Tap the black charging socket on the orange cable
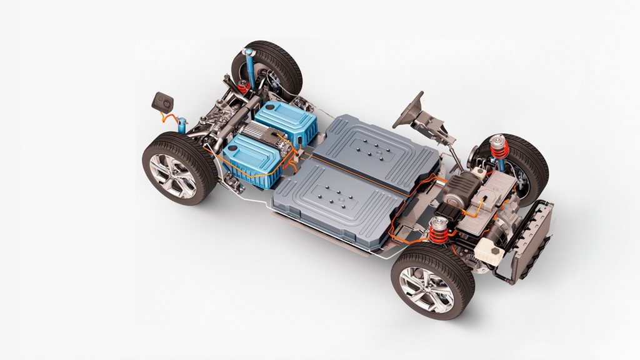pos(164,101)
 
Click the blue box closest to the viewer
pos(249,159)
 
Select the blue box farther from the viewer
pos(284,122)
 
